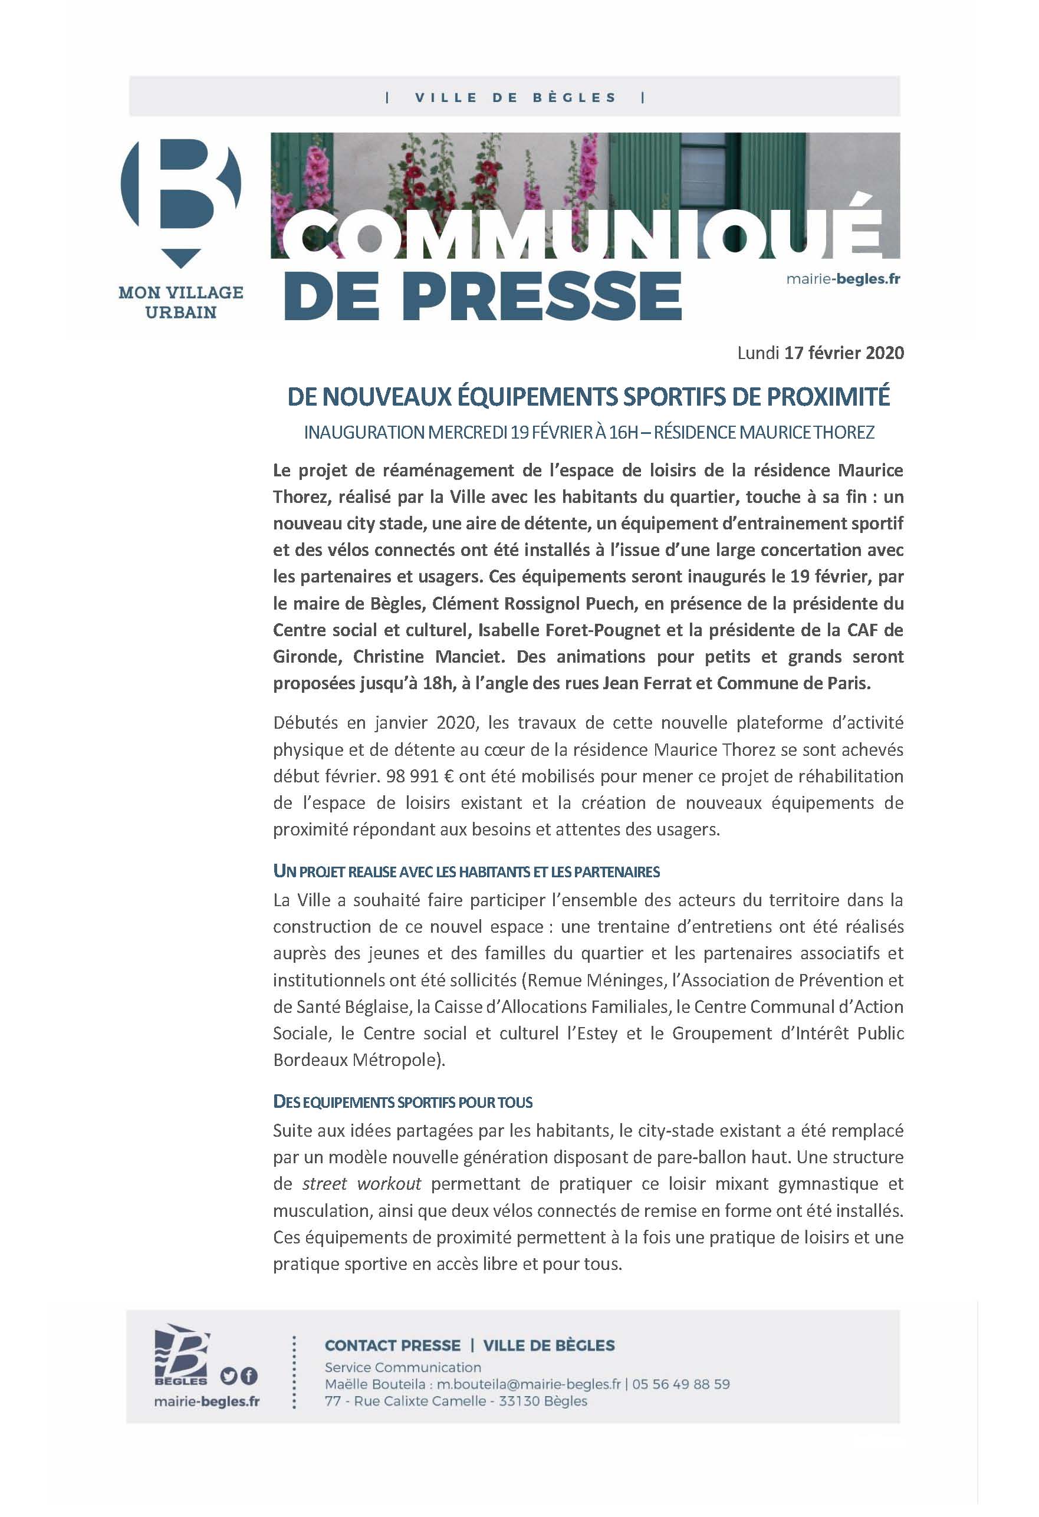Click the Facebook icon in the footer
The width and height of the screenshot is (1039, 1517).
[x=249, y=1377]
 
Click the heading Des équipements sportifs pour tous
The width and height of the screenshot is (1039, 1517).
[x=403, y=1103]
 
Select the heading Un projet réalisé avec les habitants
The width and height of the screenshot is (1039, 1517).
[x=466, y=872]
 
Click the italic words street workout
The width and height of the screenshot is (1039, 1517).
[x=361, y=1183]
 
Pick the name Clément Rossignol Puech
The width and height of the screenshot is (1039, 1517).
[x=534, y=603]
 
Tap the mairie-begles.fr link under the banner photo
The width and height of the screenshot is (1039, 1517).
[x=843, y=279]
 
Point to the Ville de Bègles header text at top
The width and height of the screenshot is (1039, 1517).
[x=515, y=98]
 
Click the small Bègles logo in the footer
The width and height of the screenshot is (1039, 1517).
[x=181, y=1354]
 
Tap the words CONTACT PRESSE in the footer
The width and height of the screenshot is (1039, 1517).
[x=393, y=1345]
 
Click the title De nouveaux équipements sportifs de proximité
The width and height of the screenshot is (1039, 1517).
[x=588, y=397]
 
